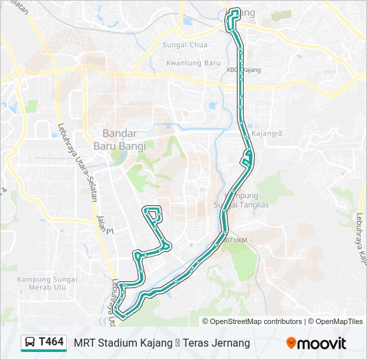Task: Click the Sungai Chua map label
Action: pyautogui.click(x=185, y=45)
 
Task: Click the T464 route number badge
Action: pyautogui.click(x=51, y=342)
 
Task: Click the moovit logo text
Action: pyautogui.click(x=322, y=343)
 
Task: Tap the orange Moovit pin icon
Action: pyautogui.click(x=291, y=343)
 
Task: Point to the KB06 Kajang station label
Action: pyautogui.click(x=244, y=69)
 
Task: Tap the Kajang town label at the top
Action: pyautogui.click(x=247, y=12)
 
